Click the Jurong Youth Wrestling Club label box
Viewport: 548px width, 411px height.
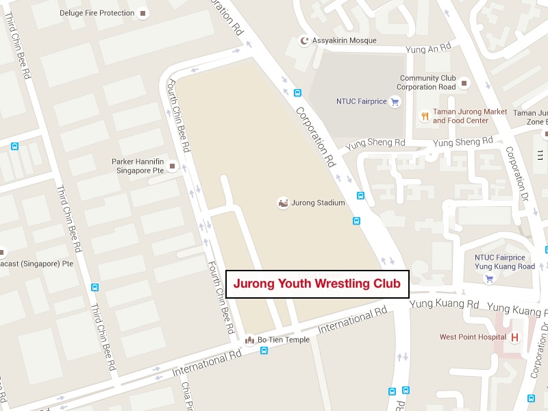point(317,284)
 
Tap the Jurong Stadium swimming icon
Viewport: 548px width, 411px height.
point(283,203)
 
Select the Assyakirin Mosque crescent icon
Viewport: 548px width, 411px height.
point(305,40)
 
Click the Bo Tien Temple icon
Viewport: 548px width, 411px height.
point(249,340)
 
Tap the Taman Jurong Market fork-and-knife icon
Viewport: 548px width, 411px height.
point(425,116)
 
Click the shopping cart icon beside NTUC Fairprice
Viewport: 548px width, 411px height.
point(395,101)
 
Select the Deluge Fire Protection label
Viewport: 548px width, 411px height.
point(97,13)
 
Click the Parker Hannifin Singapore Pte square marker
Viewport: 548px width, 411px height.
point(173,166)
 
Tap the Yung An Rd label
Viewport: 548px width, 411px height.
point(429,48)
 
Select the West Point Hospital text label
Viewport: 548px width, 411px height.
point(473,337)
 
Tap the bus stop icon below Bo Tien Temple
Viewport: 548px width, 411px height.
point(264,351)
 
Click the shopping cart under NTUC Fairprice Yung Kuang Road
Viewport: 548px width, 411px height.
point(489,279)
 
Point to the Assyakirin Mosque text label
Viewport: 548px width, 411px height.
point(345,40)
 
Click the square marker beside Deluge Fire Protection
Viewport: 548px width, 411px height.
point(142,13)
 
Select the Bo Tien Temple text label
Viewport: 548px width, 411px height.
point(283,340)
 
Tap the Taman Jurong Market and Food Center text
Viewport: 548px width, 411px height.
point(470,116)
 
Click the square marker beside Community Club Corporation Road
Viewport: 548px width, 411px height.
point(464,83)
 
